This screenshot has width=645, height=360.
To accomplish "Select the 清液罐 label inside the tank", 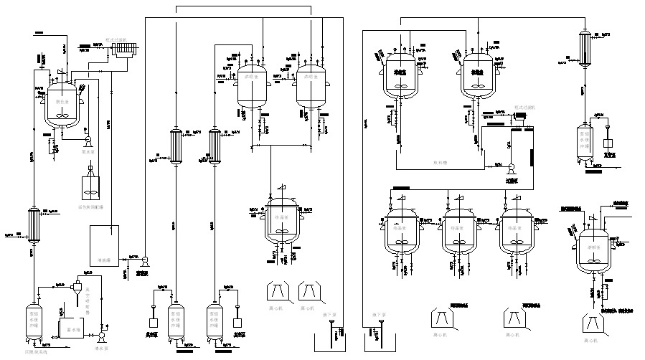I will coord(103,260).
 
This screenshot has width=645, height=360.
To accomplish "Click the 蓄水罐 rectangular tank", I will coord(70,329).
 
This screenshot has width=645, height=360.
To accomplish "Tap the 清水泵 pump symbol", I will coord(100,336).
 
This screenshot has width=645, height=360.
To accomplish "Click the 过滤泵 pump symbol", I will coord(510,169).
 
